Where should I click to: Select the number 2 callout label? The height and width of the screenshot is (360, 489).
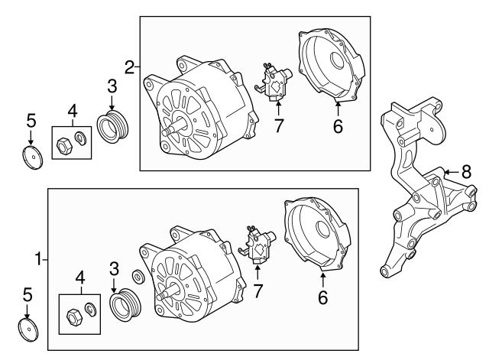click(x=129, y=66)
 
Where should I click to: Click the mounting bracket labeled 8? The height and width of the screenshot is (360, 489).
click(x=416, y=191)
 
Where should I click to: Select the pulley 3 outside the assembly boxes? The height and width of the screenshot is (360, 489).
click(x=113, y=125)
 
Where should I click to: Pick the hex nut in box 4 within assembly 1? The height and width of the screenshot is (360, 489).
click(x=75, y=313)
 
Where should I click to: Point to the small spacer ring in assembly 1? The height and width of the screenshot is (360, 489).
click(x=138, y=276)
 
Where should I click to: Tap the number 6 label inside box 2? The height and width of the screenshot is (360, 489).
click(x=337, y=127)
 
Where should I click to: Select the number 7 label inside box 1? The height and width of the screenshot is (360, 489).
click(x=257, y=290)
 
